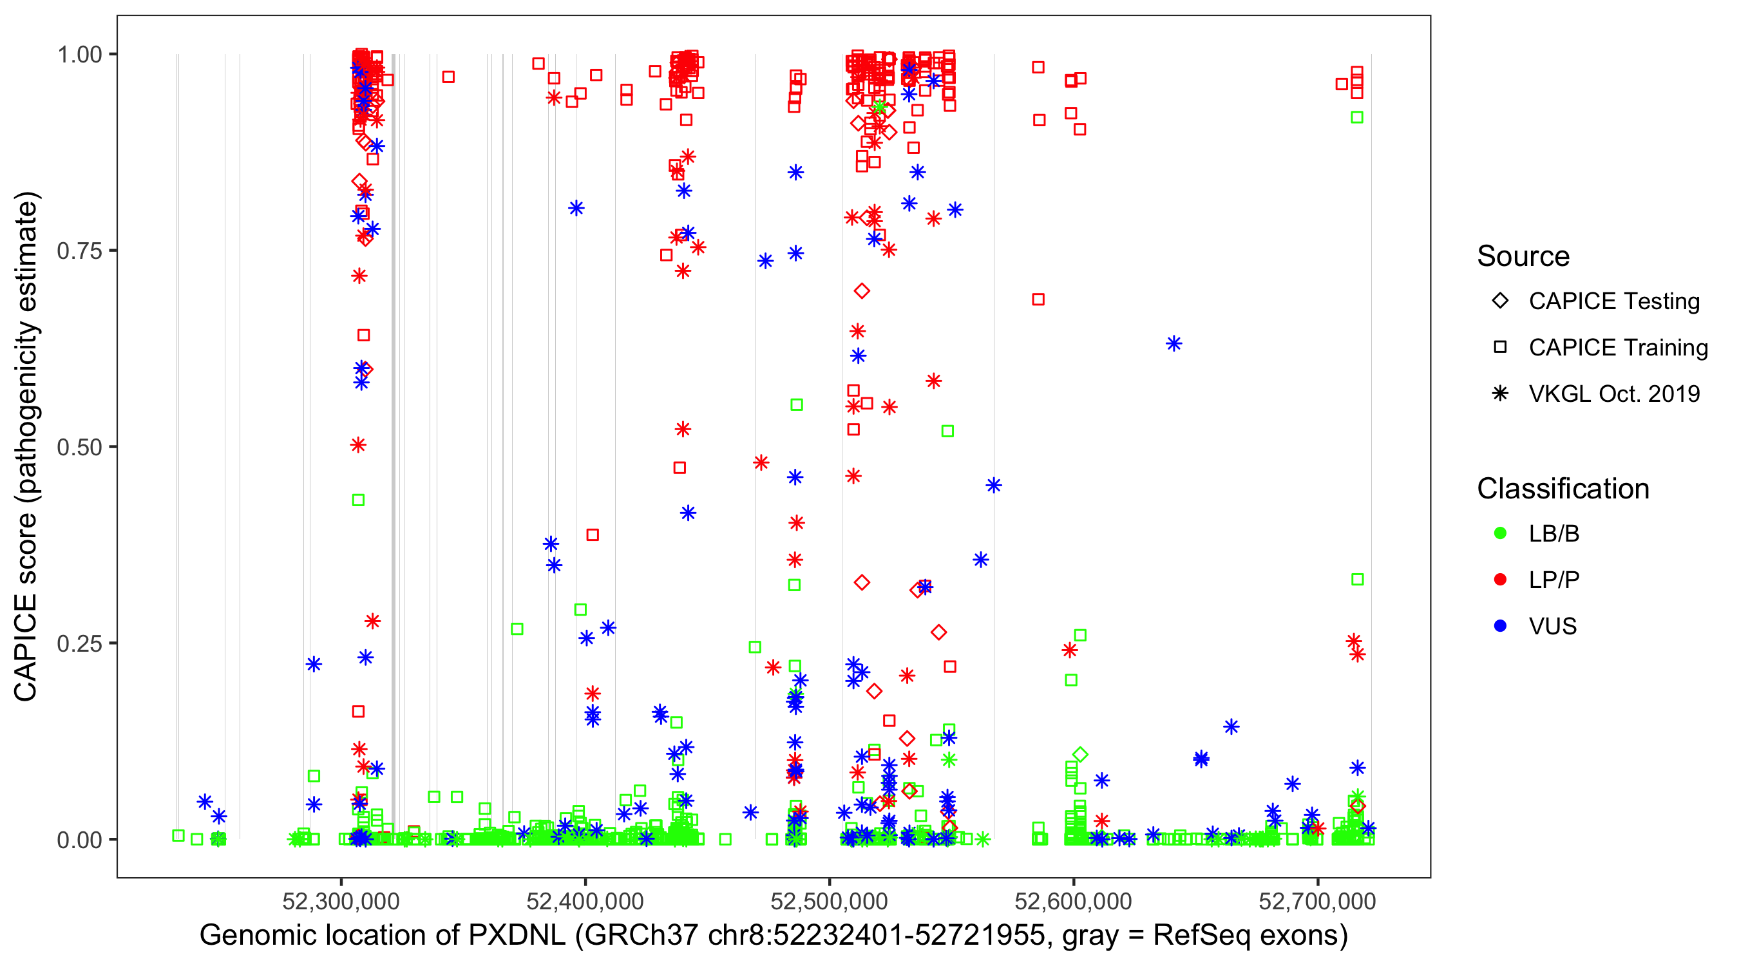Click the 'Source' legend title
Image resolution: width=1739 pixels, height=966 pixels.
tap(1523, 256)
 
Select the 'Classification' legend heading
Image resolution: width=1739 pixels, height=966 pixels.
tap(1562, 489)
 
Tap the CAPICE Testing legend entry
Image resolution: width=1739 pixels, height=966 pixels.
tap(1613, 301)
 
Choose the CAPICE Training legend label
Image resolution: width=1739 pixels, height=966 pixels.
tap(1617, 348)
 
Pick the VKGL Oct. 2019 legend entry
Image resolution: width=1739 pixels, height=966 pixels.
tap(1613, 394)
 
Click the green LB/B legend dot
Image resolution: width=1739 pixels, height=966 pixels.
tap(1500, 533)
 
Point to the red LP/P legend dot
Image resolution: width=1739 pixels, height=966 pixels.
tap(1500, 580)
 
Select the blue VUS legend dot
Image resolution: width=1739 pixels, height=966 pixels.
tap(1500, 627)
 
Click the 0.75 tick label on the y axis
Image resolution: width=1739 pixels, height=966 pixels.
tap(79, 251)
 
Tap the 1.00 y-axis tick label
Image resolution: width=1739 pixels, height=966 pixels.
tap(79, 55)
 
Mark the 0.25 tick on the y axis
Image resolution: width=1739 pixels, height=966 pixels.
tap(79, 643)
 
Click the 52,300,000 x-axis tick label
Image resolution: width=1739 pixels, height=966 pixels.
tap(341, 901)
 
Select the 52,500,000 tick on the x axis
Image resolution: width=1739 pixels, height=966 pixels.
tap(829, 901)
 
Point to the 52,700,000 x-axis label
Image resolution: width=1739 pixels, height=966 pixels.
tap(1317, 901)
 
